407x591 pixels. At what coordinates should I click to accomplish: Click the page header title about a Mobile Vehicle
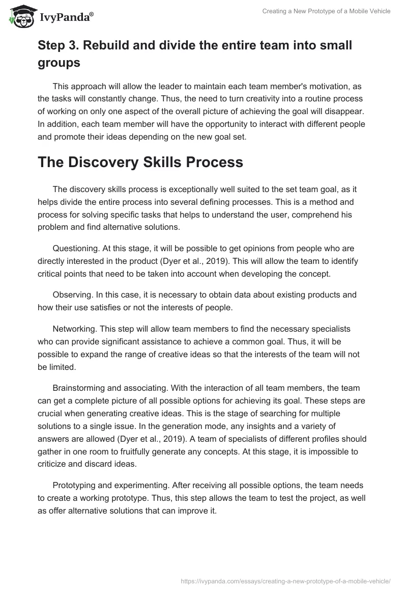[x=326, y=11]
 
